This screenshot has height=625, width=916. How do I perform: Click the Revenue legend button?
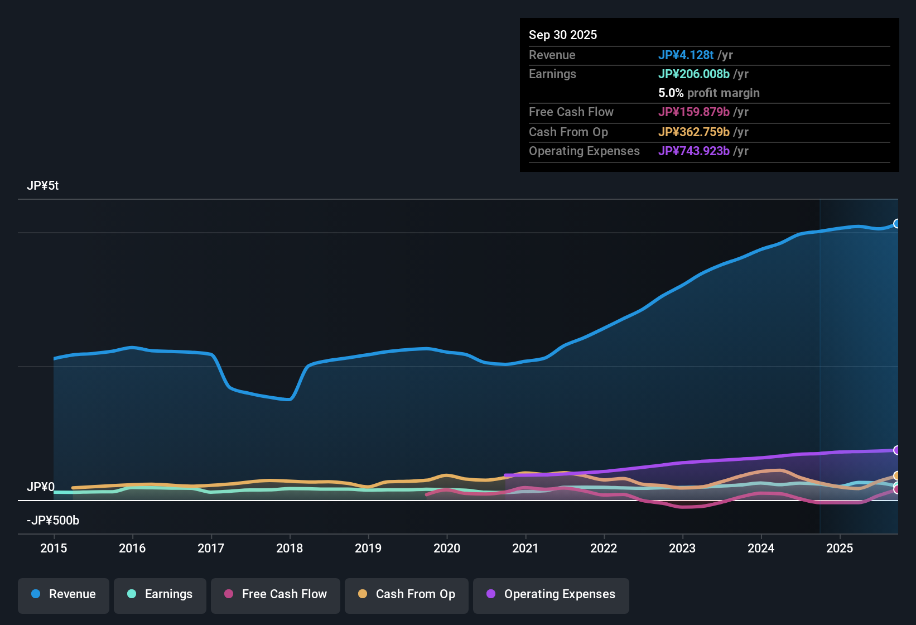pos(64,594)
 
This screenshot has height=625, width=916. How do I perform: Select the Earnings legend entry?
pos(160,594)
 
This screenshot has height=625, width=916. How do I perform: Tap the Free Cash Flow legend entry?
pos(276,594)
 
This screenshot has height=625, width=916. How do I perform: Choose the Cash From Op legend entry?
pos(407,594)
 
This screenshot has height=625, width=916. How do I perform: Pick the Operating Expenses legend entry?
pos(551,594)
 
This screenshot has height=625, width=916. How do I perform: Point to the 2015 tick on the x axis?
pos(54,548)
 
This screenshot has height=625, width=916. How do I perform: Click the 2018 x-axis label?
pos(290,548)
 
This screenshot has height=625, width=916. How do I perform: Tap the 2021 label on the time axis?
pos(526,548)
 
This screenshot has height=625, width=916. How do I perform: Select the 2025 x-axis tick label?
pos(840,548)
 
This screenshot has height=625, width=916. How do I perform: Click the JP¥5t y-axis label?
pos(43,186)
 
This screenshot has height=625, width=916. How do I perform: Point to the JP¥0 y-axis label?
pos(41,487)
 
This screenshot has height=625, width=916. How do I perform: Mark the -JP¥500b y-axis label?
pos(53,521)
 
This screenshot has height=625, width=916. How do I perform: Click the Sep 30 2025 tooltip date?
pos(563,35)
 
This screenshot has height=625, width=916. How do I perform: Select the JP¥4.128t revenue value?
pos(686,55)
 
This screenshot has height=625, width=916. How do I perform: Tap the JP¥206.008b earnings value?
pos(693,74)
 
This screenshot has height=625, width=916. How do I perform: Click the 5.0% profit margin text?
pos(708,93)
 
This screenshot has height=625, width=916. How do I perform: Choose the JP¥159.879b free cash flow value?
pos(693,112)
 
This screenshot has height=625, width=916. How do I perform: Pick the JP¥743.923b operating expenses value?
pos(693,151)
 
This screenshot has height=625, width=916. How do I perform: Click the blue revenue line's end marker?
pos(897,224)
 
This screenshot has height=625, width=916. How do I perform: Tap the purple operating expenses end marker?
pos(897,450)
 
